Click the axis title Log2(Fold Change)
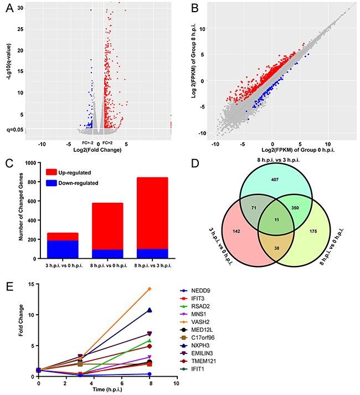99,150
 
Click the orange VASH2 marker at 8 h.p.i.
149,289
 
